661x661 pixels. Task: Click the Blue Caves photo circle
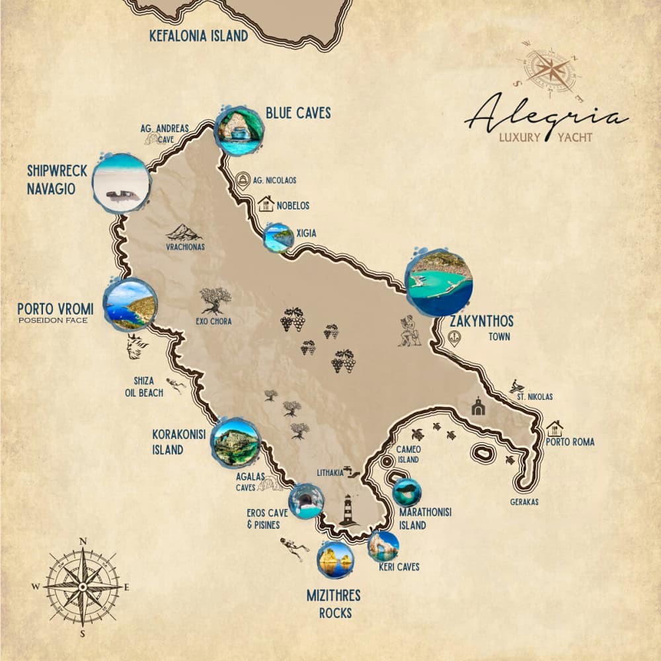[x=239, y=131]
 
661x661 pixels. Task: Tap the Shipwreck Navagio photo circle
[x=121, y=182]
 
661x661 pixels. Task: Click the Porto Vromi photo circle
[x=131, y=304]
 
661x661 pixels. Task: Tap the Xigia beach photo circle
[x=278, y=238]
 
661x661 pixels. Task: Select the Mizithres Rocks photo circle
[x=336, y=560]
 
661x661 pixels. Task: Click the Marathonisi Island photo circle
[x=407, y=492]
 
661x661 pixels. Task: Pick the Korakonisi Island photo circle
[x=235, y=442]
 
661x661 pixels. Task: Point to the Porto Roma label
[x=570, y=442]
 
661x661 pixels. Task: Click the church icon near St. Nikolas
[x=478, y=407]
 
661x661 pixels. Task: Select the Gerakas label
[x=524, y=502]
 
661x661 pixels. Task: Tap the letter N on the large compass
[x=83, y=541]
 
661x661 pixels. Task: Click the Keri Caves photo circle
[x=383, y=546]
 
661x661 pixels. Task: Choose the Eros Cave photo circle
[x=306, y=500]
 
